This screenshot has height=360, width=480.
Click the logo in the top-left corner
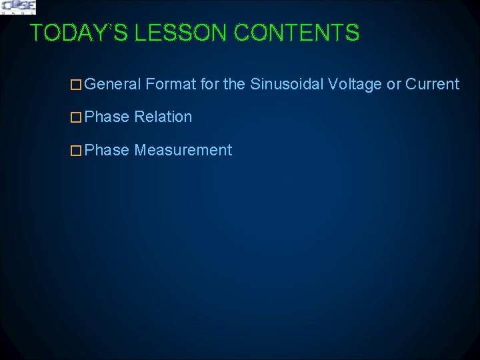tap(18, 7)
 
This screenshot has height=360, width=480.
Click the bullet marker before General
tap(77, 85)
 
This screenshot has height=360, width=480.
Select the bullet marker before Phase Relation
tap(77, 117)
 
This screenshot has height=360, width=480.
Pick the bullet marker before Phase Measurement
tap(77, 151)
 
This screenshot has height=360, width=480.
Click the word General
tap(113, 84)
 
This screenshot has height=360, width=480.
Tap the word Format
tap(170, 84)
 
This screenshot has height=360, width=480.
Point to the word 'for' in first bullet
tap(210, 84)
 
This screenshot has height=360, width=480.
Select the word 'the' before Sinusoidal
tap(235, 84)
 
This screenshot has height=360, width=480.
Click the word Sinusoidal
tap(287, 84)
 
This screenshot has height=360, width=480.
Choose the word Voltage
tap(355, 85)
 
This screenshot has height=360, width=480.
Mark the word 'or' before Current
tap(394, 84)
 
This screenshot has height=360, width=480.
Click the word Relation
tap(163, 117)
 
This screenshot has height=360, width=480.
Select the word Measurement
tap(183, 150)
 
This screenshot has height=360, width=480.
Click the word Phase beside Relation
tap(107, 117)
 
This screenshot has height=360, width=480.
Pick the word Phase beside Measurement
tap(107, 150)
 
